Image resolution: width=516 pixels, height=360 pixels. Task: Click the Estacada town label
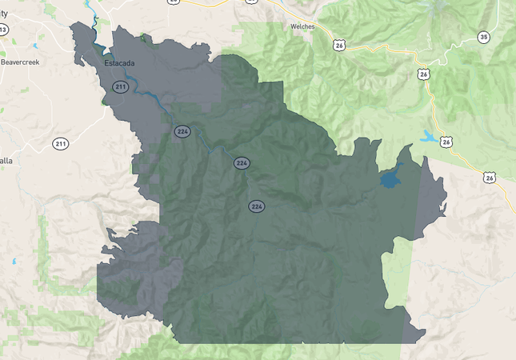coord(120,62)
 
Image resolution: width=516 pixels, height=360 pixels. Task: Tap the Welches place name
coord(302,26)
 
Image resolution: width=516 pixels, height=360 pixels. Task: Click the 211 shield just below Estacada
coord(121,86)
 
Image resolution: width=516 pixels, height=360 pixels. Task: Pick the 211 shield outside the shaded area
coord(61,144)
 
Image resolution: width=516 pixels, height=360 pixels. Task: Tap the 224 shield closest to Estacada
coord(182,130)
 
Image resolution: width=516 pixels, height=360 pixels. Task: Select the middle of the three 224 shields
coord(241,163)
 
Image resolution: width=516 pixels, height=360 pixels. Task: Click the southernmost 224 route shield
coord(256,206)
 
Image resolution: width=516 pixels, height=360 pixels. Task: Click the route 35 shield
coord(483,38)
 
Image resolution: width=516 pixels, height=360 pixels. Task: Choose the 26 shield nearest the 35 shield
coord(423,74)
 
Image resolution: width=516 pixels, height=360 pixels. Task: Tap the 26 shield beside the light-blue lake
coord(446,142)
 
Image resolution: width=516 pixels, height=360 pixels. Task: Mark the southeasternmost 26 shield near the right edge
coord(489,178)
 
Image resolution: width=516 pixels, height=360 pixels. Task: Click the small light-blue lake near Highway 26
coord(428,137)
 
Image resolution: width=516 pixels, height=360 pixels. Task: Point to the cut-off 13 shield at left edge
coord(3,30)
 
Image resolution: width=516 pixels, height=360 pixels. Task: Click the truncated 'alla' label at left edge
coord(6,160)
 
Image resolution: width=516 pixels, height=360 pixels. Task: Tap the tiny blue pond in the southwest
coord(14,261)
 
